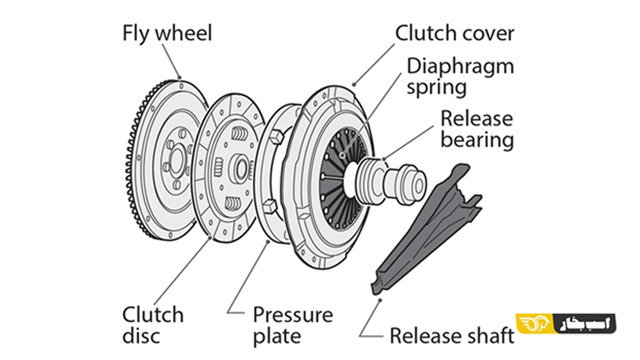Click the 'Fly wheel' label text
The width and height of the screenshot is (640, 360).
[167, 34]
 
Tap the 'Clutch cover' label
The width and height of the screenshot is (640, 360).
[454, 34]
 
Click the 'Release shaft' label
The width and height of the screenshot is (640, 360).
[452, 335]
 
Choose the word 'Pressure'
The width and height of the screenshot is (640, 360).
[293, 315]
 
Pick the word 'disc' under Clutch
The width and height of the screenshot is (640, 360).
[141, 336]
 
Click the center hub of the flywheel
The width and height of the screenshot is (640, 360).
[177, 159]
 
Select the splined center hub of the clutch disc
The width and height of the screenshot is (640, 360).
[239, 169]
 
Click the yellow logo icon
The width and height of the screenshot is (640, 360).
[534, 323]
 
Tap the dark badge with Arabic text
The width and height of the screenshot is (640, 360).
[585, 323]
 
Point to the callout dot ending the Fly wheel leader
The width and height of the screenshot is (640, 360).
[179, 77]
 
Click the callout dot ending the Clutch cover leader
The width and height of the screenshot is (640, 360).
[354, 85]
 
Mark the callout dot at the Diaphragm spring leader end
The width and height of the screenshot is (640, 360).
[342, 156]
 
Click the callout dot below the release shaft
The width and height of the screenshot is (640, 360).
[380, 300]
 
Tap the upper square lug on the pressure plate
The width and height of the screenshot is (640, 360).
[276, 137]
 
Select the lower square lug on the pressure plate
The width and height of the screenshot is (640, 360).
[269, 206]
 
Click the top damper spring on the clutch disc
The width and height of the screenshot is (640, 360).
[239, 133]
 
